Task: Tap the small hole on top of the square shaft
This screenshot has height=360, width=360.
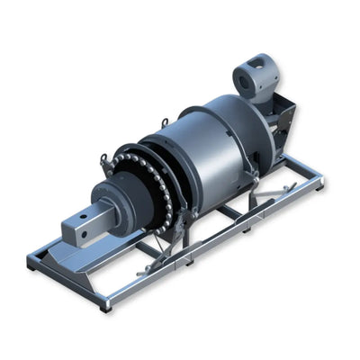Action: coord(86,215)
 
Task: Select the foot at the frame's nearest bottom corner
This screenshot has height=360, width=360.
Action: coord(106,306)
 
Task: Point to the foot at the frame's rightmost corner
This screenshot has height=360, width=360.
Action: coord(321,184)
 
